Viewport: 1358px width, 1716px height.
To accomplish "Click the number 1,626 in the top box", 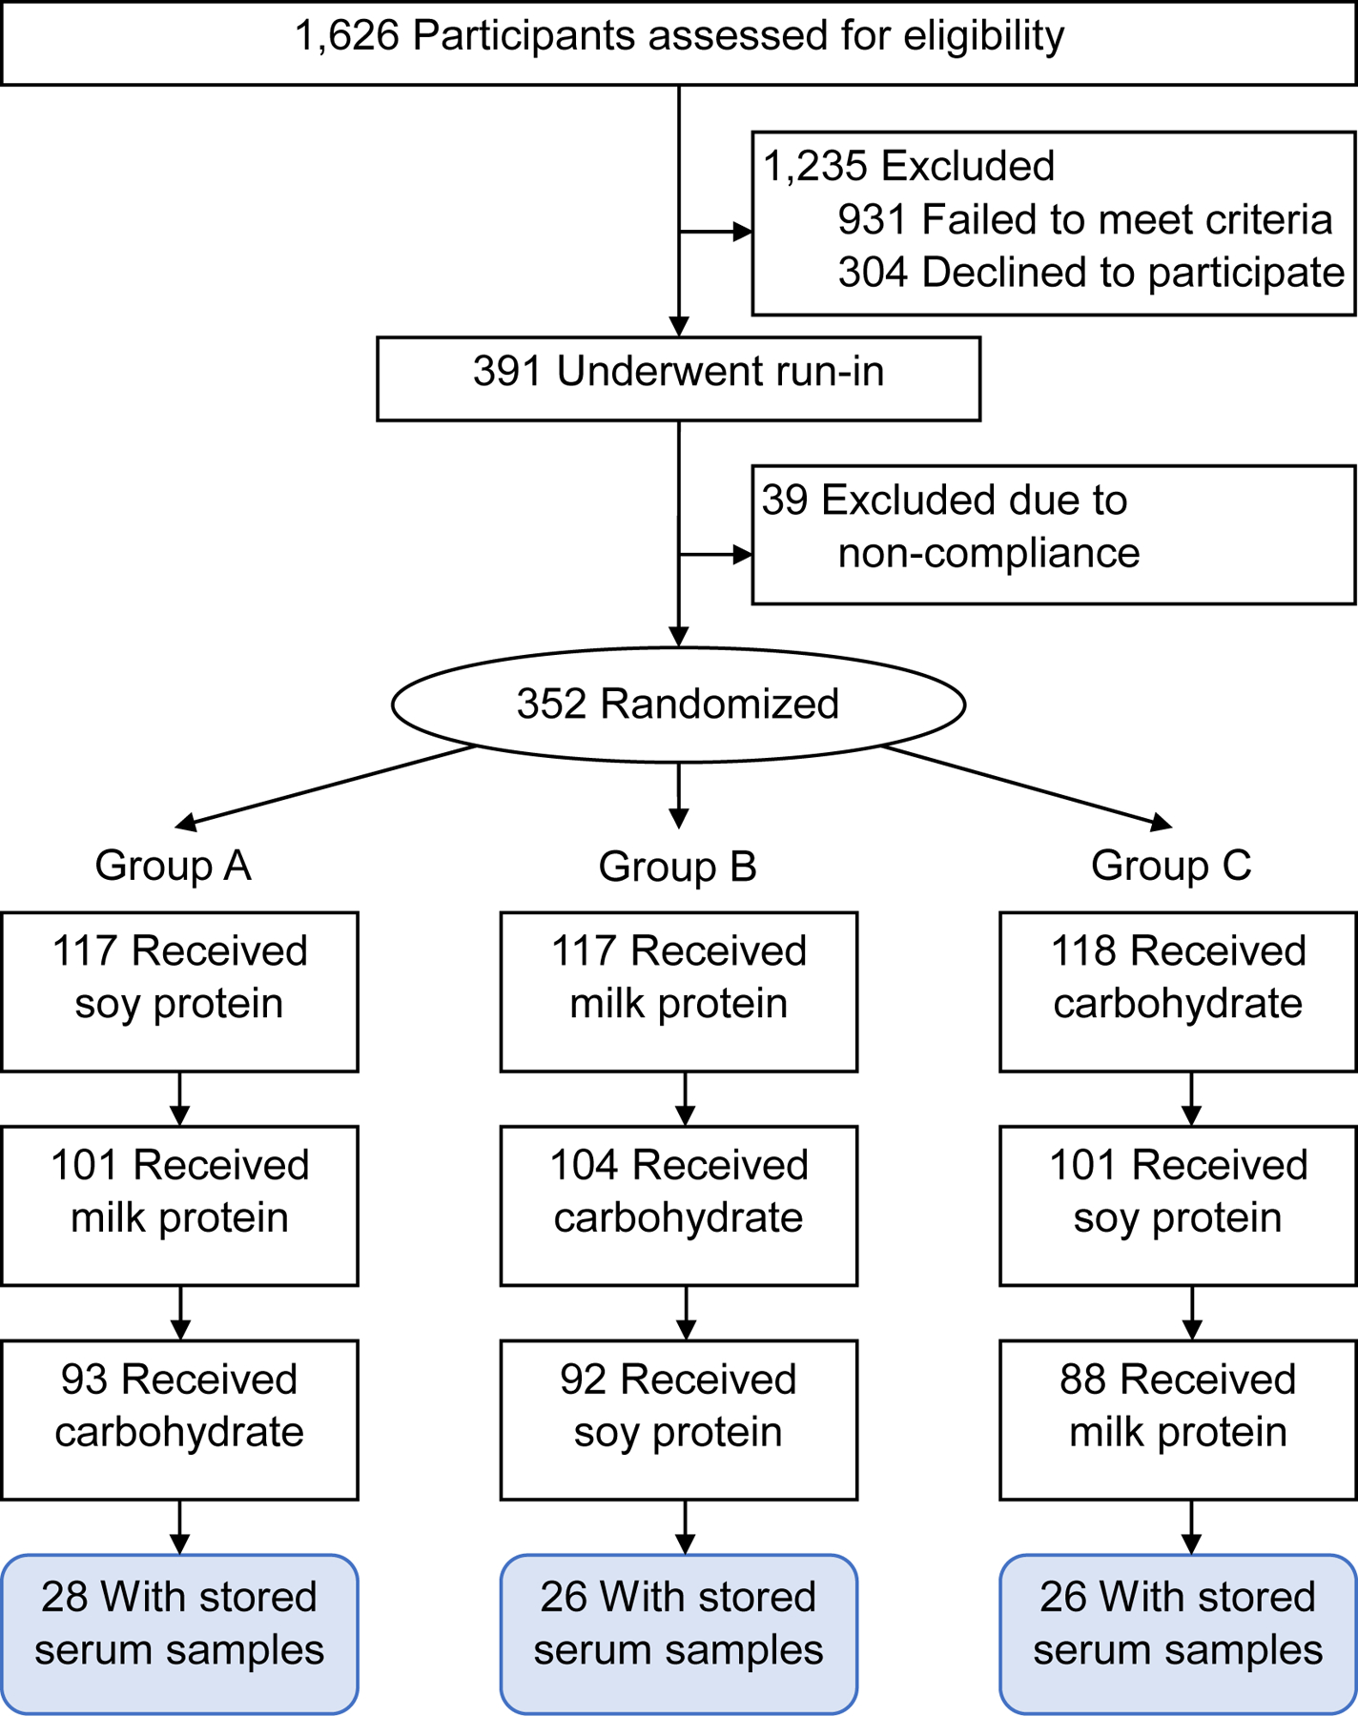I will tap(346, 36).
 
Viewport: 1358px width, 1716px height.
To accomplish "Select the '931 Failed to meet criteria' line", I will tap(1084, 220).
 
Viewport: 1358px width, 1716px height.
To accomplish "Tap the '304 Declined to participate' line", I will tap(1090, 273).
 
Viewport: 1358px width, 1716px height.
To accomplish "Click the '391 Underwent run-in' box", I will tap(678, 378).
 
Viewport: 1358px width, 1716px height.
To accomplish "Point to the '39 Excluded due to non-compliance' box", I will tap(1053, 534).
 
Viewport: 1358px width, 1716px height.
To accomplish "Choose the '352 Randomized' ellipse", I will tap(678, 705).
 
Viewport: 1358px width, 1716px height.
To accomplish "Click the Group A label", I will tap(173, 866).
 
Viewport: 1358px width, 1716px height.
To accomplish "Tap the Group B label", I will tap(677, 867).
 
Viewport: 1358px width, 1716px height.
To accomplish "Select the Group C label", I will tap(1170, 866).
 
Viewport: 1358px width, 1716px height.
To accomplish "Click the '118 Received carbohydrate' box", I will tap(1178, 991).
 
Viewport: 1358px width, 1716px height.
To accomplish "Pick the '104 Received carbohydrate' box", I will tap(678, 1205).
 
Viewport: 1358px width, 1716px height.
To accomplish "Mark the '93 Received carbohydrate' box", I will tap(179, 1420).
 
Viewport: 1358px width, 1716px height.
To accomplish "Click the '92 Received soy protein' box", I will tap(678, 1420).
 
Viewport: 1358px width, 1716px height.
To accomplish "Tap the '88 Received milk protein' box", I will tap(1178, 1420).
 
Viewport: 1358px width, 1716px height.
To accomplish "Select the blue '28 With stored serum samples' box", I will tap(179, 1633).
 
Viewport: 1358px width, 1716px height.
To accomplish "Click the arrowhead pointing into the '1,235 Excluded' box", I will tap(742, 232).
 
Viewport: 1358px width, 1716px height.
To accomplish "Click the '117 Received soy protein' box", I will tap(179, 991).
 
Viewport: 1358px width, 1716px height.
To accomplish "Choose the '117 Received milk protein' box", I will tap(678, 991).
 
